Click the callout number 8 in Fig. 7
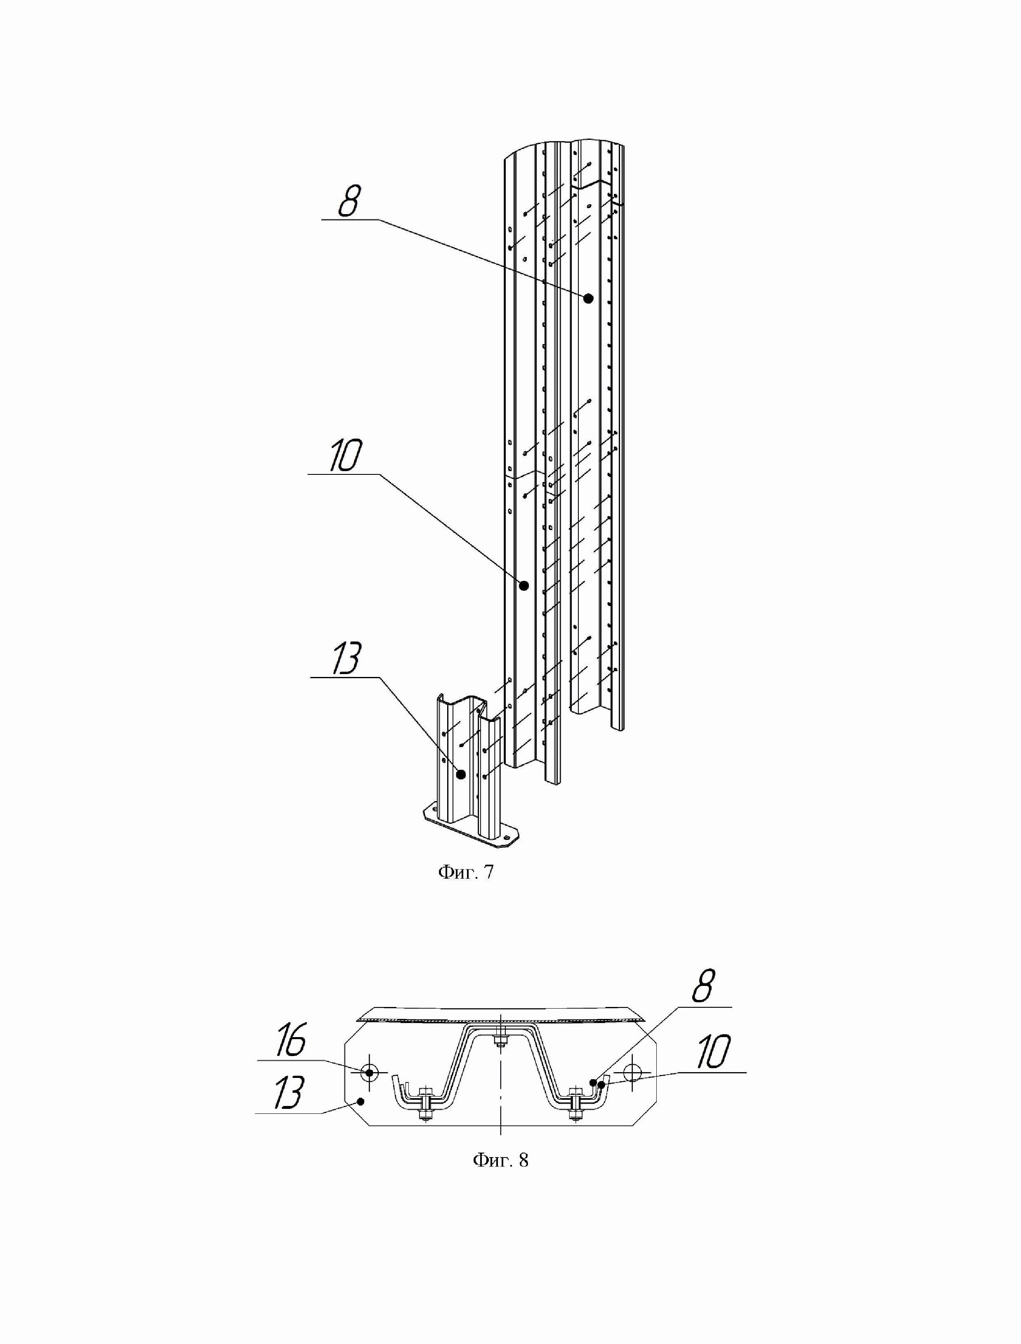pos(349,202)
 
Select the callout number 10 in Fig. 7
pos(345,456)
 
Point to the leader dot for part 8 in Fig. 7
pos(588,298)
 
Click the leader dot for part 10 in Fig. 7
pos(524,586)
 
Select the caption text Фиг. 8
pos(500,1160)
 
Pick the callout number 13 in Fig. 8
pos(288,1093)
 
